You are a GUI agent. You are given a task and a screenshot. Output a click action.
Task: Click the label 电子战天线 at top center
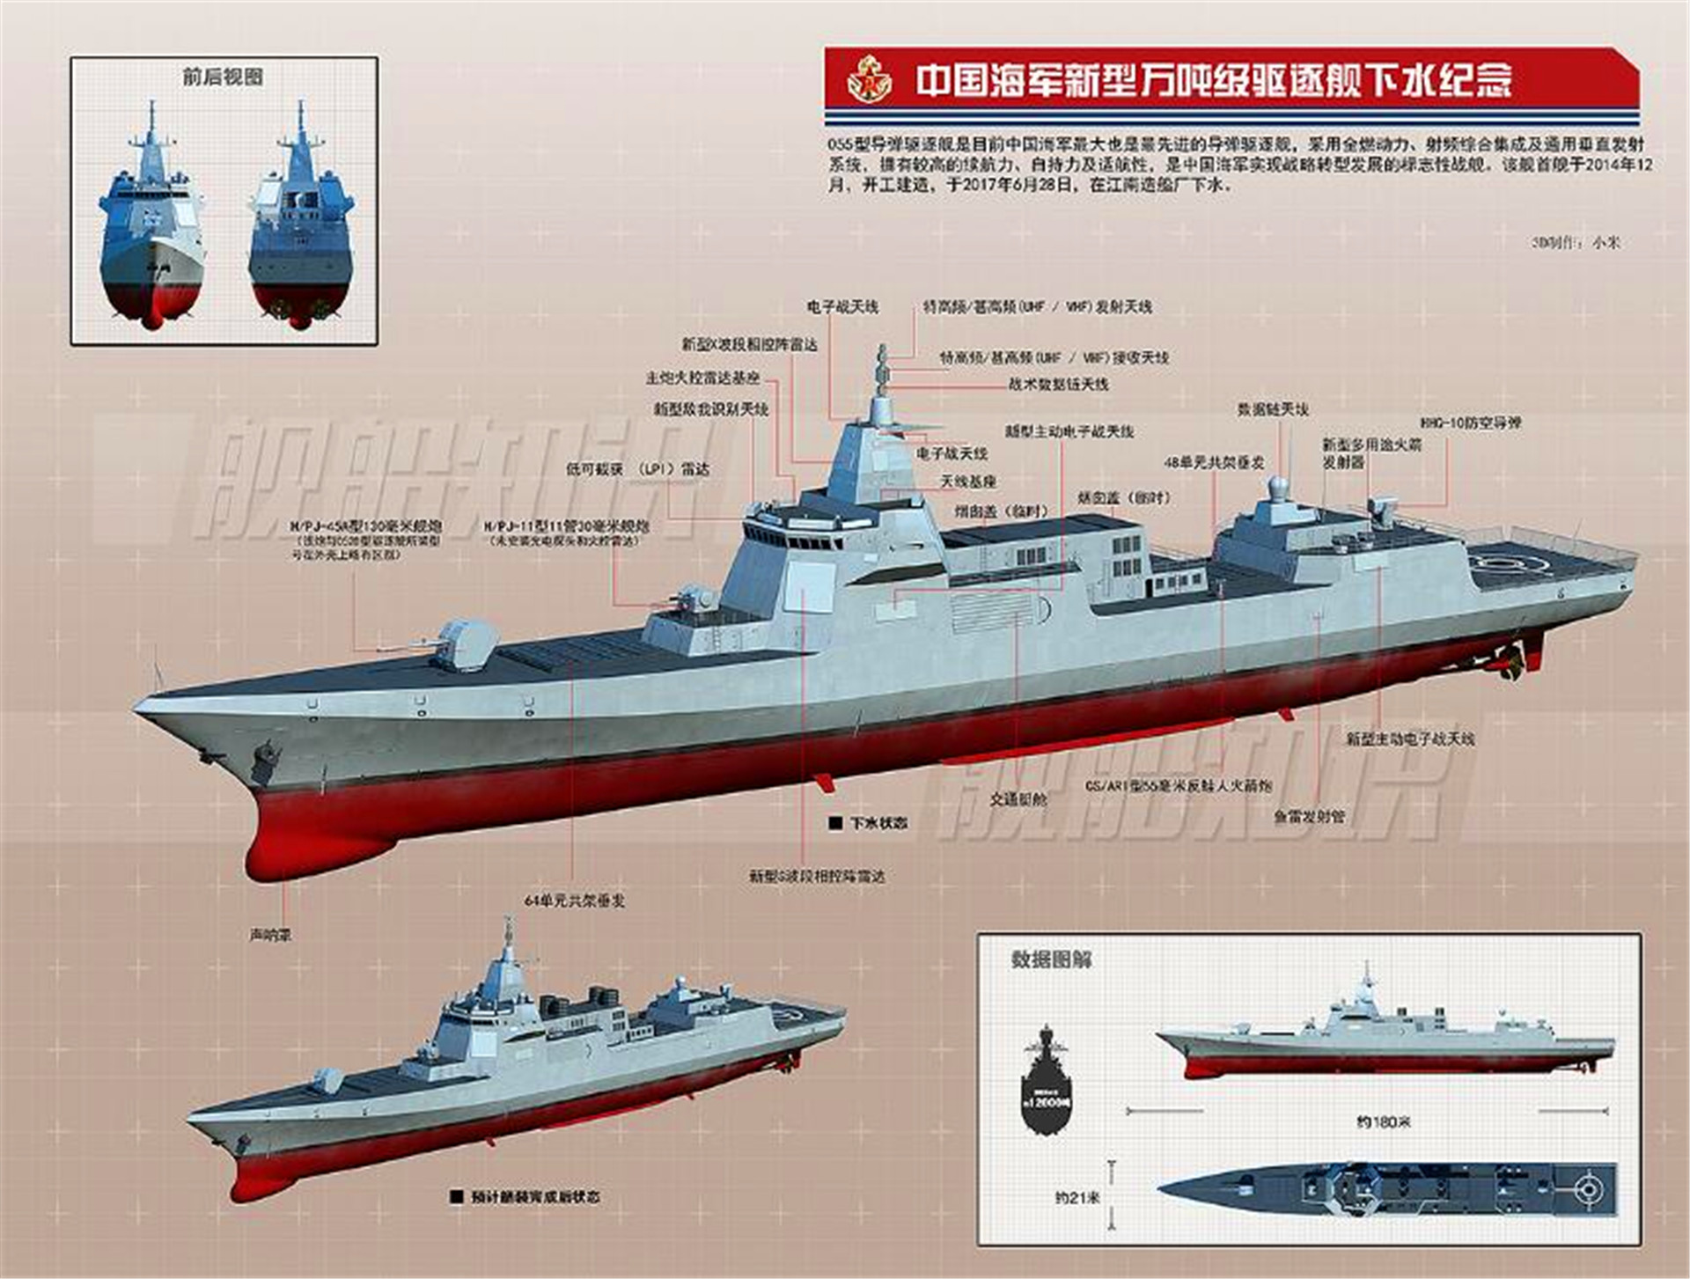842,307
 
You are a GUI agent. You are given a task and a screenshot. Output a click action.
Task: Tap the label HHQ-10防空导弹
1470,423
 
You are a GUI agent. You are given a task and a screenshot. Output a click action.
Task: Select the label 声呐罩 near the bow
270,935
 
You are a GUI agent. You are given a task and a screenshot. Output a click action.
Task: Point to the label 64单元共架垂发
574,900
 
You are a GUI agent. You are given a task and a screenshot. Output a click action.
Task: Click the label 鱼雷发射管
1310,817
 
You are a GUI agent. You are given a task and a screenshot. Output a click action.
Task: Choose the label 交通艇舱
1018,799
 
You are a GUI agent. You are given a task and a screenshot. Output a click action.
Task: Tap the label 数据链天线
1273,409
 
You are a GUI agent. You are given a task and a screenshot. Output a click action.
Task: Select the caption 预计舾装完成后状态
534,1197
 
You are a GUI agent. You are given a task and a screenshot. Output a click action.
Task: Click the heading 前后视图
223,77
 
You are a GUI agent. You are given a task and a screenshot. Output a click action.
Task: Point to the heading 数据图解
1051,959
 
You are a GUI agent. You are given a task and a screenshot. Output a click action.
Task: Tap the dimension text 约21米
1077,1197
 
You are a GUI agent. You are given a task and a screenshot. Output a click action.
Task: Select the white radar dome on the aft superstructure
1276,487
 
